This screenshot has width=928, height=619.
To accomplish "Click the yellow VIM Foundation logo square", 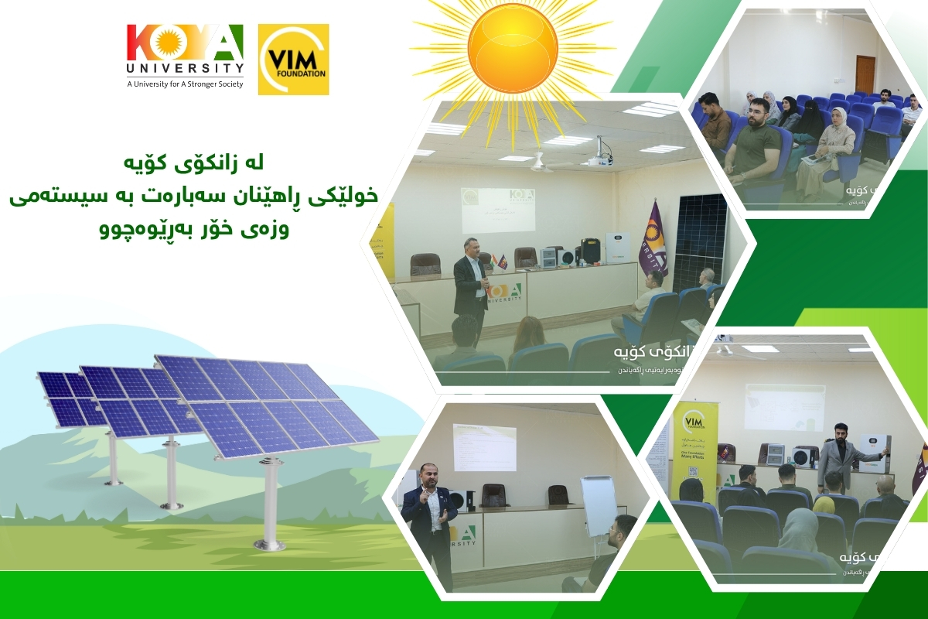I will [x=293, y=60].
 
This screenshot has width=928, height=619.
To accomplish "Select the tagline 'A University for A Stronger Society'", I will [x=185, y=84].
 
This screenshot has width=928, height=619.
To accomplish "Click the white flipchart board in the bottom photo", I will [x=599, y=504].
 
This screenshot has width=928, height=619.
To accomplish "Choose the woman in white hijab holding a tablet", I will [x=836, y=147].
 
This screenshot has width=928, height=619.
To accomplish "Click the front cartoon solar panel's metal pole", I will [x=271, y=503].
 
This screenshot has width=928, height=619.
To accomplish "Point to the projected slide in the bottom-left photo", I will [x=484, y=446].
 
